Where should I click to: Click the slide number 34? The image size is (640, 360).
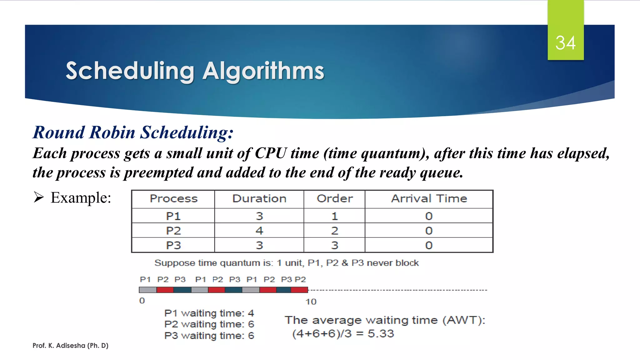(565, 43)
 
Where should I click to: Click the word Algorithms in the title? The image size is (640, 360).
(263, 71)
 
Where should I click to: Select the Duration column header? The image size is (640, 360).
(259, 199)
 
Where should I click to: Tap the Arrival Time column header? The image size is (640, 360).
(429, 199)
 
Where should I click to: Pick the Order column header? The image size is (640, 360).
(334, 199)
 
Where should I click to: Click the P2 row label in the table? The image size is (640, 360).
(173, 231)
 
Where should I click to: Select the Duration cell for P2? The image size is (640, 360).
(259, 231)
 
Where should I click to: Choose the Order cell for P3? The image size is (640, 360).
(334, 245)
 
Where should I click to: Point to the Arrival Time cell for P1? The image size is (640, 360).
(429, 216)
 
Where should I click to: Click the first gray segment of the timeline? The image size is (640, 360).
(148, 290)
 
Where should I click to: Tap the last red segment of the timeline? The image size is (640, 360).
(299, 290)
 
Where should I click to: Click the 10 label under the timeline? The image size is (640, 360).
(311, 302)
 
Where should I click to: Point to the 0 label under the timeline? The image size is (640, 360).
(142, 301)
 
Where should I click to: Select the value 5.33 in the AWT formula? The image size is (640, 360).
(381, 334)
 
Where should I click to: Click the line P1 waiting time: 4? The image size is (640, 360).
(209, 313)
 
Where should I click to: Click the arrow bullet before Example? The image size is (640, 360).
(39, 197)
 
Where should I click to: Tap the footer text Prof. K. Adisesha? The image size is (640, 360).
(70, 346)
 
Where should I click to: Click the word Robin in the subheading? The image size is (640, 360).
(112, 132)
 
